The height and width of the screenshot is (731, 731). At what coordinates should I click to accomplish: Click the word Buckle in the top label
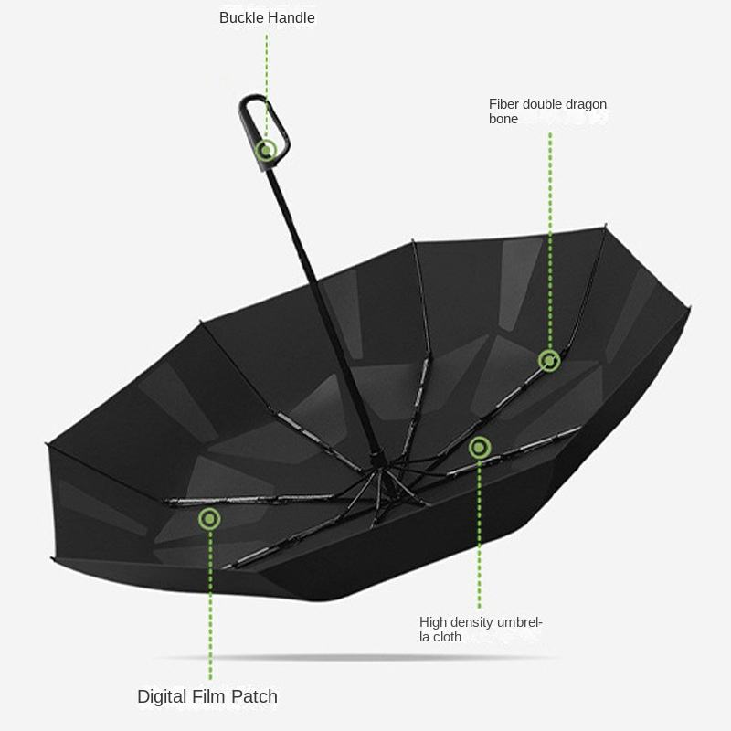[x=240, y=17]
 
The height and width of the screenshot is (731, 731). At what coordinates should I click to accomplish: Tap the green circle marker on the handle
[x=267, y=151]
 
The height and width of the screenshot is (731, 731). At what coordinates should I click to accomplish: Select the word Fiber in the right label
[x=504, y=104]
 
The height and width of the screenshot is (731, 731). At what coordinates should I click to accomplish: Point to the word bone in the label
[x=503, y=119]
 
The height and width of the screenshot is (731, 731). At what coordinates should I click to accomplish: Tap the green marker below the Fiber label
[x=549, y=360]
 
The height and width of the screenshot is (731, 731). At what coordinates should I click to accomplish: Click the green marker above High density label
[x=479, y=447]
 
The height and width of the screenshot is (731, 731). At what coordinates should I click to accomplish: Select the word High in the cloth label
[x=434, y=622]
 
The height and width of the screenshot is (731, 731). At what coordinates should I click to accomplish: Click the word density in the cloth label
[x=475, y=622]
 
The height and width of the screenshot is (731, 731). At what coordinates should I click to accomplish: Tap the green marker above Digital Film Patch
[x=210, y=519]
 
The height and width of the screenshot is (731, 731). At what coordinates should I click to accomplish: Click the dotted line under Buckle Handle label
[x=267, y=82]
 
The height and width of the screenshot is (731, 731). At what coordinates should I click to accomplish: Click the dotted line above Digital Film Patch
[x=210, y=603]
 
